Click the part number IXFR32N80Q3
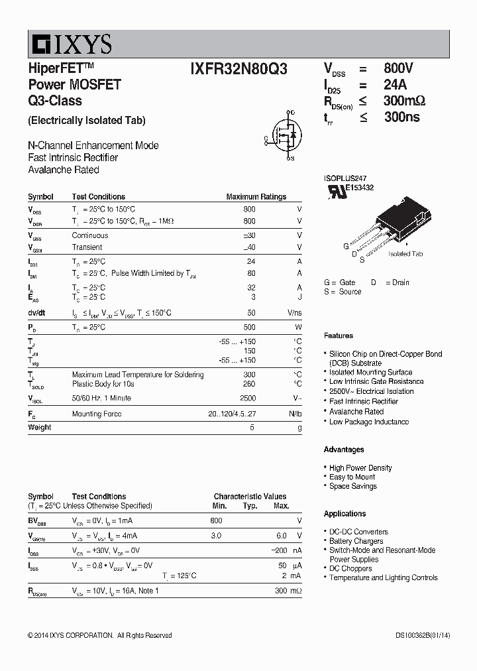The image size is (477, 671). [x=238, y=68]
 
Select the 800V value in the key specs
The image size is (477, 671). [x=398, y=68]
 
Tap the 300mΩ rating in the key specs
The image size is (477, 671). [x=403, y=101]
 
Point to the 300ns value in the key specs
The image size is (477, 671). [x=401, y=117]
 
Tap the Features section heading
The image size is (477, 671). [x=338, y=335]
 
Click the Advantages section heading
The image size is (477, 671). [x=344, y=450]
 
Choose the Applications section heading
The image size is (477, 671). [x=344, y=514]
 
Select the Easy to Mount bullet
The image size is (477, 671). [x=352, y=477]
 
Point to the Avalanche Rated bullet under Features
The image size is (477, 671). [x=356, y=412]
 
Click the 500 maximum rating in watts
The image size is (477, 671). [x=249, y=328]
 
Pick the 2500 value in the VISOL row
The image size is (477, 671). [x=247, y=398]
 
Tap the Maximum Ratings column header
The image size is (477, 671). [x=256, y=197]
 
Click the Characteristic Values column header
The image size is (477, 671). [x=250, y=496]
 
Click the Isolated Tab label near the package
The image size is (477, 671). [x=405, y=254]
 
